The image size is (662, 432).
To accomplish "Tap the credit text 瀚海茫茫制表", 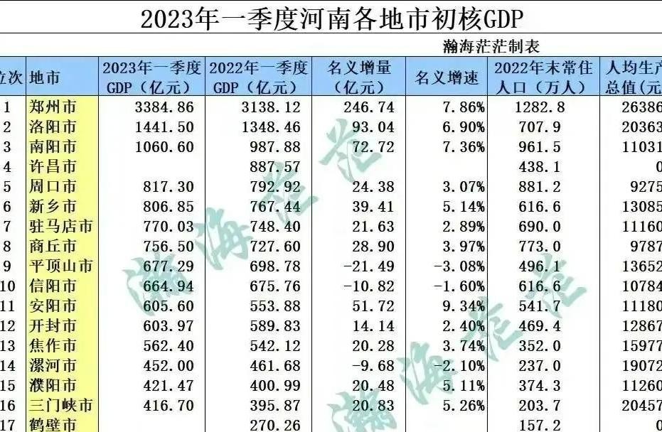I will pos(490,47).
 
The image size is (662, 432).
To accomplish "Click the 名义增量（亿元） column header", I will pos(359,77).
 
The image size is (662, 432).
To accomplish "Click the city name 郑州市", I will pos(53,107).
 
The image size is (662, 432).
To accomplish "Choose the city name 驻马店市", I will pos(60,227).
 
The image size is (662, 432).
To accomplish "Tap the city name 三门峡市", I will pos(60,406).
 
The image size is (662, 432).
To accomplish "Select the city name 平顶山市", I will pos(60,266).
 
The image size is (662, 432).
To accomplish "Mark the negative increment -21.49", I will pos(363,266).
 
